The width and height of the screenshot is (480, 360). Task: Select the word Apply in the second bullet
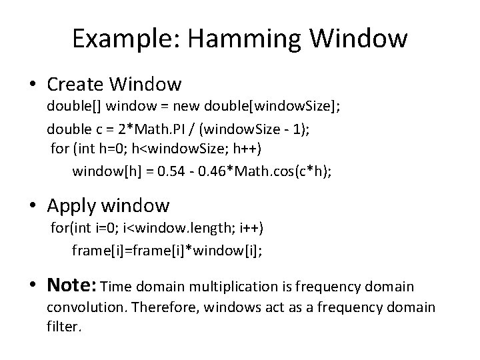coord(74,205)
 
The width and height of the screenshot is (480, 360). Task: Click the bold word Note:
coord(71,286)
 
